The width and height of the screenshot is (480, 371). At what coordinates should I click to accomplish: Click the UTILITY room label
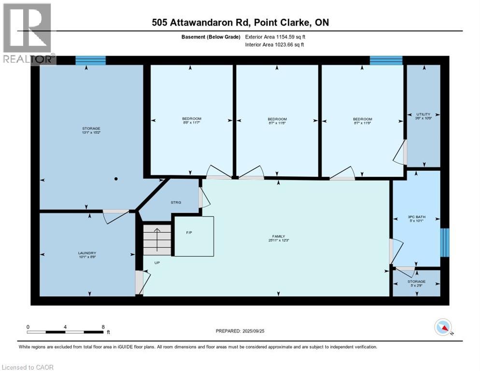click(423, 114)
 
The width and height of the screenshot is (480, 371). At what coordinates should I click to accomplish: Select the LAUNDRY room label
click(87, 253)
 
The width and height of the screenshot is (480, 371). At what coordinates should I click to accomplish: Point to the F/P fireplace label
click(189, 232)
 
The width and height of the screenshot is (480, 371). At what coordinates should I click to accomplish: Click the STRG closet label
click(176, 202)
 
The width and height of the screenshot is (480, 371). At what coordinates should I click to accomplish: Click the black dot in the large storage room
click(116, 179)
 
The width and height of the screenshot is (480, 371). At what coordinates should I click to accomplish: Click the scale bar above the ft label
click(65, 332)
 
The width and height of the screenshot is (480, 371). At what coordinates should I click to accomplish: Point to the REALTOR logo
click(28, 34)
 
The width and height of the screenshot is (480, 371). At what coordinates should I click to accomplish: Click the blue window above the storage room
click(90, 60)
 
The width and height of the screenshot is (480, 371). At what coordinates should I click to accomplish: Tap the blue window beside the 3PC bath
click(446, 242)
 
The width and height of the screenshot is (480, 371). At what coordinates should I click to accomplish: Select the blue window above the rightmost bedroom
click(386, 60)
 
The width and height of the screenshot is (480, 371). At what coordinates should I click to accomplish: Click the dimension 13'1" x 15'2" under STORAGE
click(90, 133)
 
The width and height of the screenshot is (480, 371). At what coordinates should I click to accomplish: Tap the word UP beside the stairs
click(157, 263)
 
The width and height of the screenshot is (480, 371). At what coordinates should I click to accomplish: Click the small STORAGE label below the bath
click(416, 282)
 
